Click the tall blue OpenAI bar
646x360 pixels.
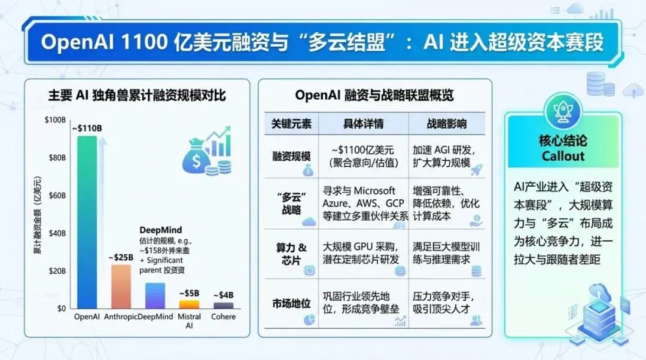87,221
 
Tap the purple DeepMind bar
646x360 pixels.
155,295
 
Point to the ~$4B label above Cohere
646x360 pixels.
223,295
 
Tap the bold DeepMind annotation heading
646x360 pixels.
160,230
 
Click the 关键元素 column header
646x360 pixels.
291,124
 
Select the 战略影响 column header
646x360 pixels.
447,124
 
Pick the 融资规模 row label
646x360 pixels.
291,156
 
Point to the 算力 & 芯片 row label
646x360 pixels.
291,254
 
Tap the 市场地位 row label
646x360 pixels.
291,303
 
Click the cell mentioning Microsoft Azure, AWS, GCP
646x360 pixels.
364,203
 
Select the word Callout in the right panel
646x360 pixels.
562,156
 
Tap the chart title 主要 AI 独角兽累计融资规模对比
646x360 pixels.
137,95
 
